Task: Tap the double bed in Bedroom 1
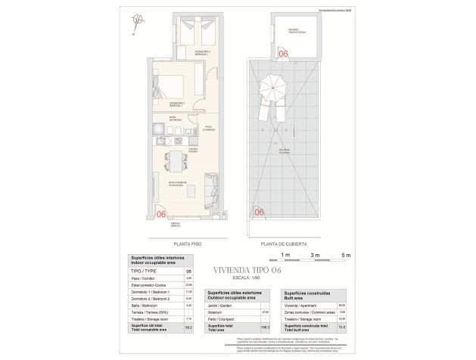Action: [x=179, y=88]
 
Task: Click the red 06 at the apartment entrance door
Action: [x=160, y=214]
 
